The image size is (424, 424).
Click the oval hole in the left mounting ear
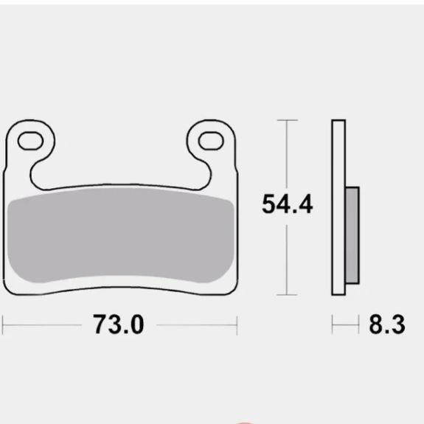(x=30, y=139)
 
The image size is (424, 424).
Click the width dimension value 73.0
(x=118, y=324)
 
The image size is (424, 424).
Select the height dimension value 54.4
(x=287, y=204)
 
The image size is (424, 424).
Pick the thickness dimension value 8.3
(x=386, y=324)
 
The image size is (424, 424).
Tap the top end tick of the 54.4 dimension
(x=287, y=119)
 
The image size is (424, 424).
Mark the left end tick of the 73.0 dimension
(x=3, y=324)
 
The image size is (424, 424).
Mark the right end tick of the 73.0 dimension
(x=236, y=324)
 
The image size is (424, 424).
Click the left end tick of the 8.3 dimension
(x=333, y=324)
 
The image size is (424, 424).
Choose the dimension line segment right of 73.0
(x=195, y=324)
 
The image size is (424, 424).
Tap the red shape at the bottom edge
(x=244, y=422)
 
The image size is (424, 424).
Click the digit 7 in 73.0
(x=100, y=324)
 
